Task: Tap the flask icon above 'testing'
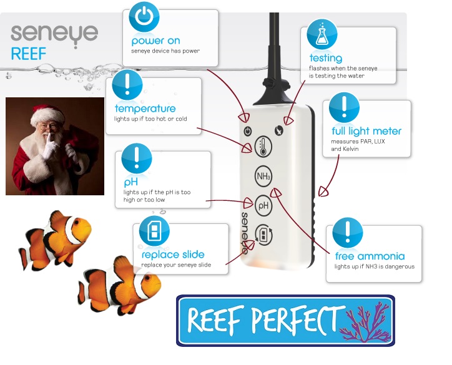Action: pyautogui.click(x=322, y=35)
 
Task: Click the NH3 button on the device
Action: pyautogui.click(x=264, y=177)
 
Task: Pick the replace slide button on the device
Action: pyautogui.click(x=264, y=233)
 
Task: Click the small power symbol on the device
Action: pyautogui.click(x=248, y=131)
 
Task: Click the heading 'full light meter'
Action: pyautogui.click(x=366, y=131)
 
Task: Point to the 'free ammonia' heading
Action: pyautogui.click(x=370, y=256)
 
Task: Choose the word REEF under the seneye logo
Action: pyautogui.click(x=29, y=53)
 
